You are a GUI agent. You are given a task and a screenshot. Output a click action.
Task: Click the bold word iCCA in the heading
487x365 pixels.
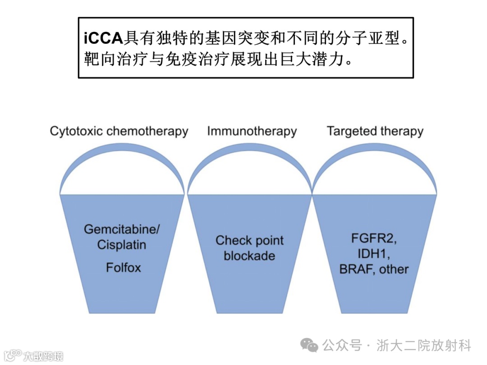pos(104,38)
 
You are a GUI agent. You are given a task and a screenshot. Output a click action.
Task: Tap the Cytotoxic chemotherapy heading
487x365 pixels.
pos(119,132)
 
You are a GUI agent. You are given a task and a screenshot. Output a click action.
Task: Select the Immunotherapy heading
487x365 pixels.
pos(252,132)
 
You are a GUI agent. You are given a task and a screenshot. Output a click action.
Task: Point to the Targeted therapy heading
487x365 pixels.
pos(375,132)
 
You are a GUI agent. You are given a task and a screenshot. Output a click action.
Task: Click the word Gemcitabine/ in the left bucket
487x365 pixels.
pos(122,229)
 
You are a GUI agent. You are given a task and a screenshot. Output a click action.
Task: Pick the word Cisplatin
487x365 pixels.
pos(122,245)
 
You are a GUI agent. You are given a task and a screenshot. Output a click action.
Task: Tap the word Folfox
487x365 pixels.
pos(123,268)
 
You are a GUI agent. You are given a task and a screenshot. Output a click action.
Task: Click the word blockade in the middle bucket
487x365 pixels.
pos(249,256)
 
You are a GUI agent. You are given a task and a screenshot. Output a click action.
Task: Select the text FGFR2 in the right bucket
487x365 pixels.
pos(373,238)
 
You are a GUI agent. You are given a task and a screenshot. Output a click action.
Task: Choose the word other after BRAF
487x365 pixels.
pos(394,269)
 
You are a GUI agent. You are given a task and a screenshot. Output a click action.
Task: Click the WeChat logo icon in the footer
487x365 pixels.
pos(310,346)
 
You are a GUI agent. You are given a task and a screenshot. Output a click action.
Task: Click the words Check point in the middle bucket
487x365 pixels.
pos(249,241)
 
